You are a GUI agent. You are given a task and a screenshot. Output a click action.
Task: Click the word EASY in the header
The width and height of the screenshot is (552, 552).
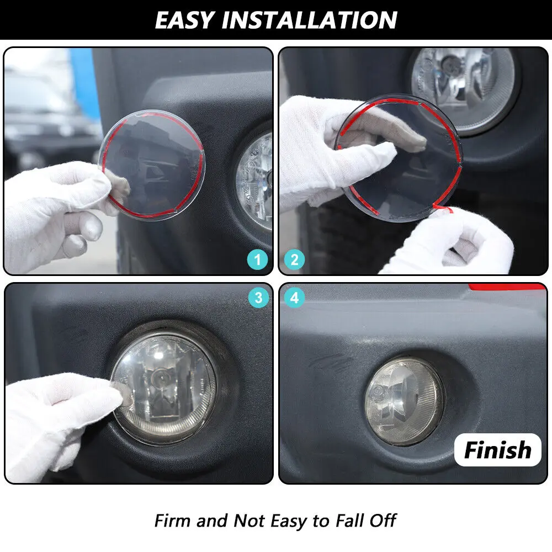coord(185,20)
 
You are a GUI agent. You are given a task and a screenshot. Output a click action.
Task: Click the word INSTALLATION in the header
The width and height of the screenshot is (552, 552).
coord(310,20)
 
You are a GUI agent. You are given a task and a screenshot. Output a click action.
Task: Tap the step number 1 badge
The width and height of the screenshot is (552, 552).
coord(258,260)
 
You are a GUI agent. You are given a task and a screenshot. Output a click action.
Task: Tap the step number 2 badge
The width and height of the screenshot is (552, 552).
coord(294,260)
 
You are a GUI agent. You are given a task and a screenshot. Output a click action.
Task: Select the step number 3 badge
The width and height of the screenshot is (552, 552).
coord(258,298)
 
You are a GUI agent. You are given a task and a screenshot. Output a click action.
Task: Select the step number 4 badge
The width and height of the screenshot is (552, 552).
coord(294,298)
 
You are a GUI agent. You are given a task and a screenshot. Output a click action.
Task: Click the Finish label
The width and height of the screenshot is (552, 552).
coord(498,450)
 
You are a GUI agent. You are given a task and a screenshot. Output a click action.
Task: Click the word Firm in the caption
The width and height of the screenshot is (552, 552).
coord(172,521)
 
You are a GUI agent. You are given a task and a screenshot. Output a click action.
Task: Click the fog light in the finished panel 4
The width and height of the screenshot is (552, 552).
coord(405,401)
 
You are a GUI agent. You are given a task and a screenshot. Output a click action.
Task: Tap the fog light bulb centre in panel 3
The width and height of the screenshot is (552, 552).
coord(157,380)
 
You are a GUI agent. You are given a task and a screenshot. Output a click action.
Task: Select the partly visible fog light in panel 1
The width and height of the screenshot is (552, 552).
coord(254,181)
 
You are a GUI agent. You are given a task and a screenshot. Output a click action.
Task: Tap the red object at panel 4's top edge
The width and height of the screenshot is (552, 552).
coord(506,286)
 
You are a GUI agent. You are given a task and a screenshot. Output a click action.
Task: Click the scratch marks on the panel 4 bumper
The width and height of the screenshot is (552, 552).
coord(331,363)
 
